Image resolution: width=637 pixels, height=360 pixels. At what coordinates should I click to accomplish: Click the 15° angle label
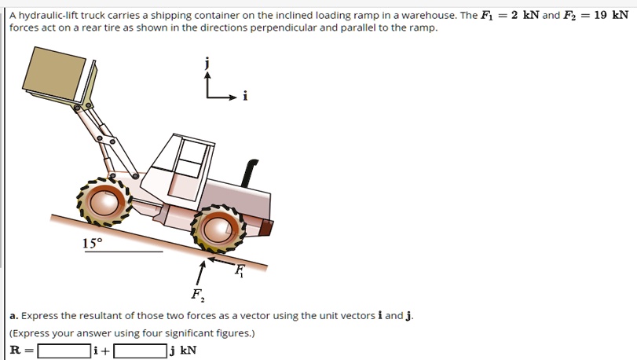point(92,243)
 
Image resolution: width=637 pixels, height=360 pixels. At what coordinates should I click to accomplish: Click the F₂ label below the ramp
point(196,296)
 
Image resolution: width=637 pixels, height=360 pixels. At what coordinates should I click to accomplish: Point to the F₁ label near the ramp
point(240,271)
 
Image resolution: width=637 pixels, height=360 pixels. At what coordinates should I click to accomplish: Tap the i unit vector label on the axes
point(244,97)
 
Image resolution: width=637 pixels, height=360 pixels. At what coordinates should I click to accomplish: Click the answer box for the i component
point(64,351)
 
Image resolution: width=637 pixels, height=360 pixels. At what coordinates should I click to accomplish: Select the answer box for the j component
point(140,351)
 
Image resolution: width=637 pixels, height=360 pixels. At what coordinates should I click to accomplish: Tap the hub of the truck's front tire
point(103,203)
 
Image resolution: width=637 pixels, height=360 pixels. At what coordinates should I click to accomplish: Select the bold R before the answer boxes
point(15,351)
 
